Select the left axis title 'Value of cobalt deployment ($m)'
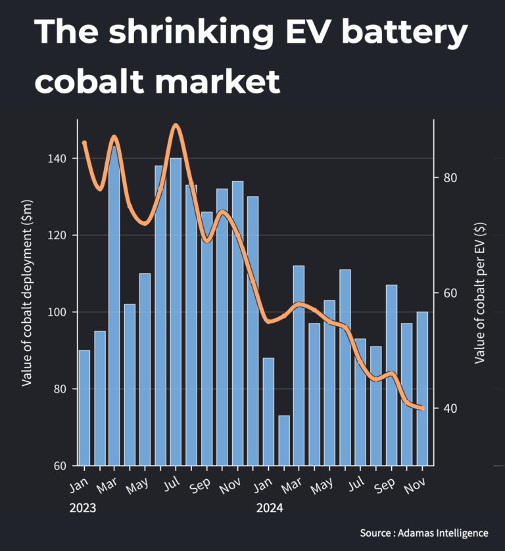click(x=27, y=293)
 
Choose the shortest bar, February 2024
click(x=283, y=441)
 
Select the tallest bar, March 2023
click(x=114, y=306)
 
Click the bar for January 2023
click(x=84, y=408)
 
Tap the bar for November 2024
click(x=422, y=388)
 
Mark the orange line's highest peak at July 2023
click(x=176, y=125)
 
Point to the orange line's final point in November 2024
click(x=422, y=408)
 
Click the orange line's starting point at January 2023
click(x=84, y=143)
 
